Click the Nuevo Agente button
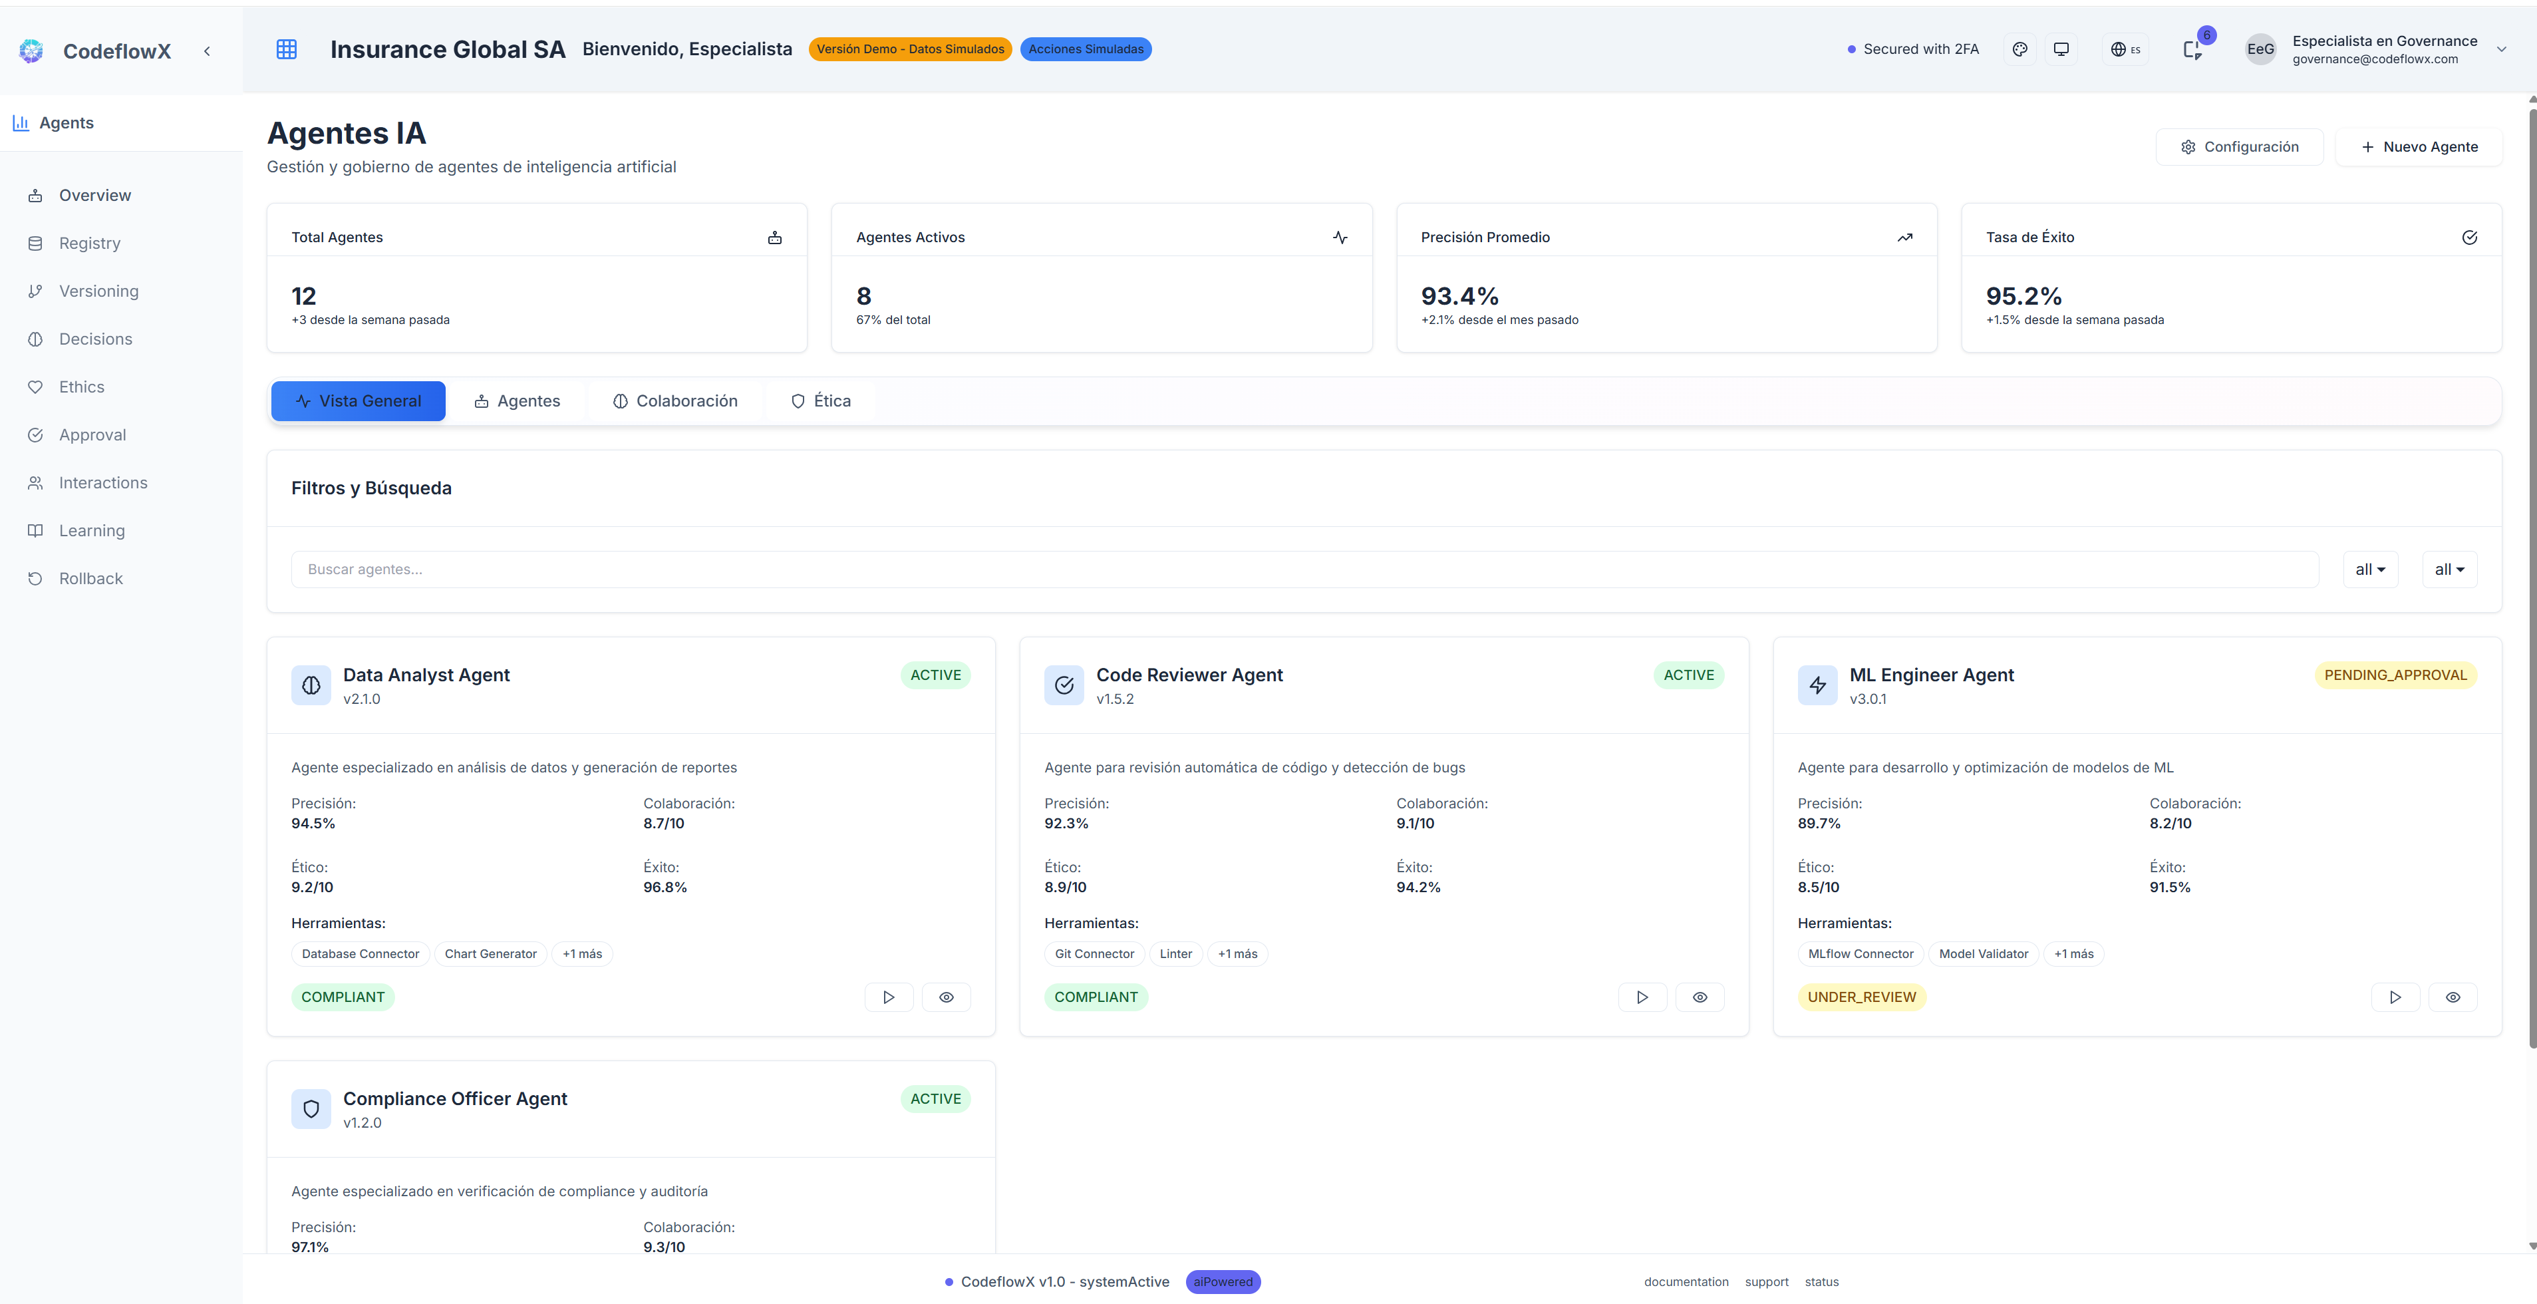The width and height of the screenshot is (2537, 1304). (2419, 147)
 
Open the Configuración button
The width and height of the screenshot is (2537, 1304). (2240, 147)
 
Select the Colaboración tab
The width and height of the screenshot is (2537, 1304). (676, 401)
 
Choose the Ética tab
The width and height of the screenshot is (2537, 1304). (821, 401)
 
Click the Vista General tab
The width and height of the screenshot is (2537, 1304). (359, 401)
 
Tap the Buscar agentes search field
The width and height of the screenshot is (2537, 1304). (1304, 570)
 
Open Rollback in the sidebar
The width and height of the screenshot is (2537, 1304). (90, 578)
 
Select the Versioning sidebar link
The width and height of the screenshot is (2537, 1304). (98, 291)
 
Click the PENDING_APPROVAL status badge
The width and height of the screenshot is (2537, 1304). (2395, 675)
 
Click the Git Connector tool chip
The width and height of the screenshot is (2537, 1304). (1094, 953)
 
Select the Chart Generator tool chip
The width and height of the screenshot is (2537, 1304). (490, 953)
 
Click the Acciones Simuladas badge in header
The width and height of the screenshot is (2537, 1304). (1086, 49)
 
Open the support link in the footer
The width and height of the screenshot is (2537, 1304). (1766, 1281)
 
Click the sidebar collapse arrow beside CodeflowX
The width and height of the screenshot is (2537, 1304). (207, 51)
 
